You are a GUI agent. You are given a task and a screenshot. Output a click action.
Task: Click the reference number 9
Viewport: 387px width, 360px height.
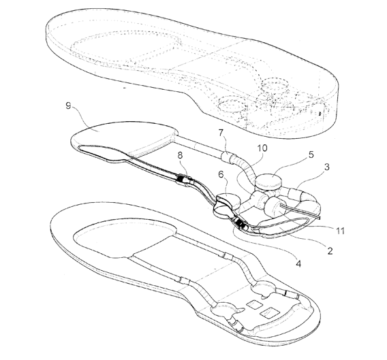coord(68,105)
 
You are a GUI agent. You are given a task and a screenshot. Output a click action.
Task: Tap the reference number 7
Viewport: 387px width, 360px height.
coord(221,133)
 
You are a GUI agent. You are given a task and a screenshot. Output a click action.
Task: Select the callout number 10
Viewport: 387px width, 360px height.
coord(262,148)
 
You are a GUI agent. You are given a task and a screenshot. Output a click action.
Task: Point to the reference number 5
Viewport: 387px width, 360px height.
coord(311,154)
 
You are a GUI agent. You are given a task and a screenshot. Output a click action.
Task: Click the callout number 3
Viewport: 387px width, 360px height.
coord(327,167)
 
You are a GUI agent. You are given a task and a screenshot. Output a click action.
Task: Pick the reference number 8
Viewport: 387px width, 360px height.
coord(180,155)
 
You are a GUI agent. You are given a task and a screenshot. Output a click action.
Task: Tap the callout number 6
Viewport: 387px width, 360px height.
coord(221,174)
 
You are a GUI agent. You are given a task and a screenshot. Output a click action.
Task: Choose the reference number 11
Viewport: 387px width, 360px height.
coord(340,231)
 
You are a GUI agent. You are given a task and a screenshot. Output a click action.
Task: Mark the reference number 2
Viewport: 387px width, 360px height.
coord(330,250)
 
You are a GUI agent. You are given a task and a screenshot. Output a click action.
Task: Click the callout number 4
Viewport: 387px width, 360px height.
coord(298,264)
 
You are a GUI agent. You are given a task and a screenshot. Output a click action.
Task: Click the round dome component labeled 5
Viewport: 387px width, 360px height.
coord(268,182)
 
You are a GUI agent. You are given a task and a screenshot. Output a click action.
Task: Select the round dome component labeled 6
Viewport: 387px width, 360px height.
coord(228,201)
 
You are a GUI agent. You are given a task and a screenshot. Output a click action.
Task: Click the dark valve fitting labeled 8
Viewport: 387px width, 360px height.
coord(183,178)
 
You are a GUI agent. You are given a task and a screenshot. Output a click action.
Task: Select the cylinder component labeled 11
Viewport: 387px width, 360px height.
coord(273,207)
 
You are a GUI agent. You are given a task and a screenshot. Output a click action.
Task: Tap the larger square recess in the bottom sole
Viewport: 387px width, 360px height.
coord(270,313)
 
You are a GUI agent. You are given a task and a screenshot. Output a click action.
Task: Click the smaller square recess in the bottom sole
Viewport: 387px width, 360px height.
coord(255,304)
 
